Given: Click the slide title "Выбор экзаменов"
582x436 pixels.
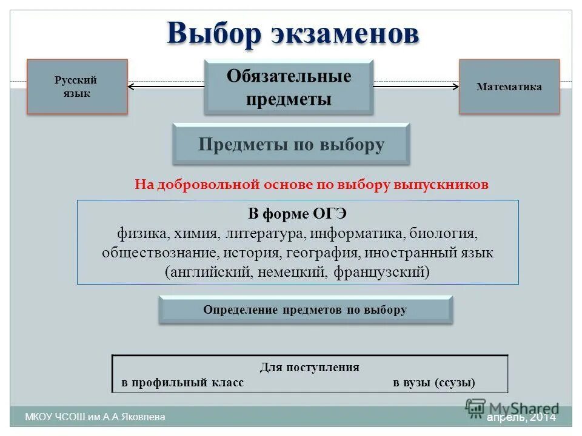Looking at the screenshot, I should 293,33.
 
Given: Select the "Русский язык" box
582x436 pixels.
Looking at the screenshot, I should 76,87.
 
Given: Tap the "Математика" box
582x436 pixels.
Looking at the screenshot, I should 509,87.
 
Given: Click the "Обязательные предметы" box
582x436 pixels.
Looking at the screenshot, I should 289,87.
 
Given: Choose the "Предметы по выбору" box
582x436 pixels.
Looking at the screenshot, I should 291,145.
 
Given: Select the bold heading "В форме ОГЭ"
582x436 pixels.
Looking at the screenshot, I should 297,214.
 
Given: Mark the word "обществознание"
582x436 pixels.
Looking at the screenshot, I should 152,253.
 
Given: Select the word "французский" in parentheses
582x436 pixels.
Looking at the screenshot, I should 381,272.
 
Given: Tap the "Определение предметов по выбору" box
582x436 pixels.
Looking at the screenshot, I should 305,310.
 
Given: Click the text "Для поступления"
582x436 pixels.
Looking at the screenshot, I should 309,367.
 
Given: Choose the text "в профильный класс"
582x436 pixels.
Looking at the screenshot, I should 182,383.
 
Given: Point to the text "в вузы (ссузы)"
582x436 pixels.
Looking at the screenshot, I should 434,383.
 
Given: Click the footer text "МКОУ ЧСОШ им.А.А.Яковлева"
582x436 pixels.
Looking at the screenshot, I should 95,417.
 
